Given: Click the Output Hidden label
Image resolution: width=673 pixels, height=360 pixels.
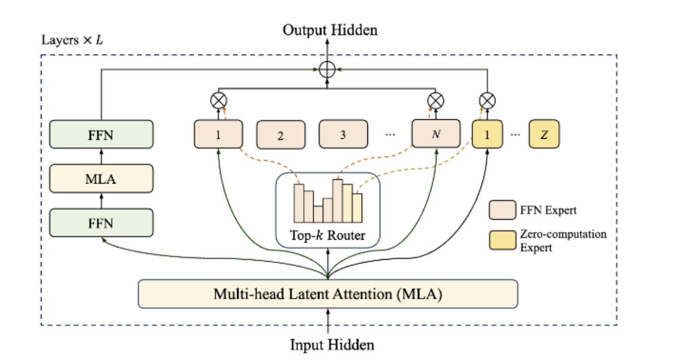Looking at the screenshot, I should coord(330,30).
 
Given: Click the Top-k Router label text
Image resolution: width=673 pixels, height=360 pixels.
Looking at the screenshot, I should coord(328,236).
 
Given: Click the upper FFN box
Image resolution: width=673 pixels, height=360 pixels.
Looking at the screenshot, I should coord(101,135).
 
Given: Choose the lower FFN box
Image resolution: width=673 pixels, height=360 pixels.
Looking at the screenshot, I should coord(101,223).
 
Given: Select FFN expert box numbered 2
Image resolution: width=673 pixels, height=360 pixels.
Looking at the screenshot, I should coord(280,136).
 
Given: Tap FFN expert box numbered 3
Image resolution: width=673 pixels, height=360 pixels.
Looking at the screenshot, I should coord(343,135).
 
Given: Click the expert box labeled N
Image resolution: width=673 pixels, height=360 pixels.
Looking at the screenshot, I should coord(436,135).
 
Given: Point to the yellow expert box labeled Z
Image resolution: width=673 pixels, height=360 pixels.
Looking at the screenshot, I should coord(543,135).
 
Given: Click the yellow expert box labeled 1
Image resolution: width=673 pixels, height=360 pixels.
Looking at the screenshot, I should coord(487,135).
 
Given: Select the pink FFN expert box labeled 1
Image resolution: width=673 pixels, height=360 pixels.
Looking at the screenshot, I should coord(218,135).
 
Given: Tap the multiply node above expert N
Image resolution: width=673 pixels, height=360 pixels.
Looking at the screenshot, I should coord(436,99).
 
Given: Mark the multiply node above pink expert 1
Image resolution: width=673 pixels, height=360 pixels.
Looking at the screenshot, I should coord(219,100).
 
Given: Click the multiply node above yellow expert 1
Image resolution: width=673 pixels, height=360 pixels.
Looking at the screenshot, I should coord(487,99).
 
